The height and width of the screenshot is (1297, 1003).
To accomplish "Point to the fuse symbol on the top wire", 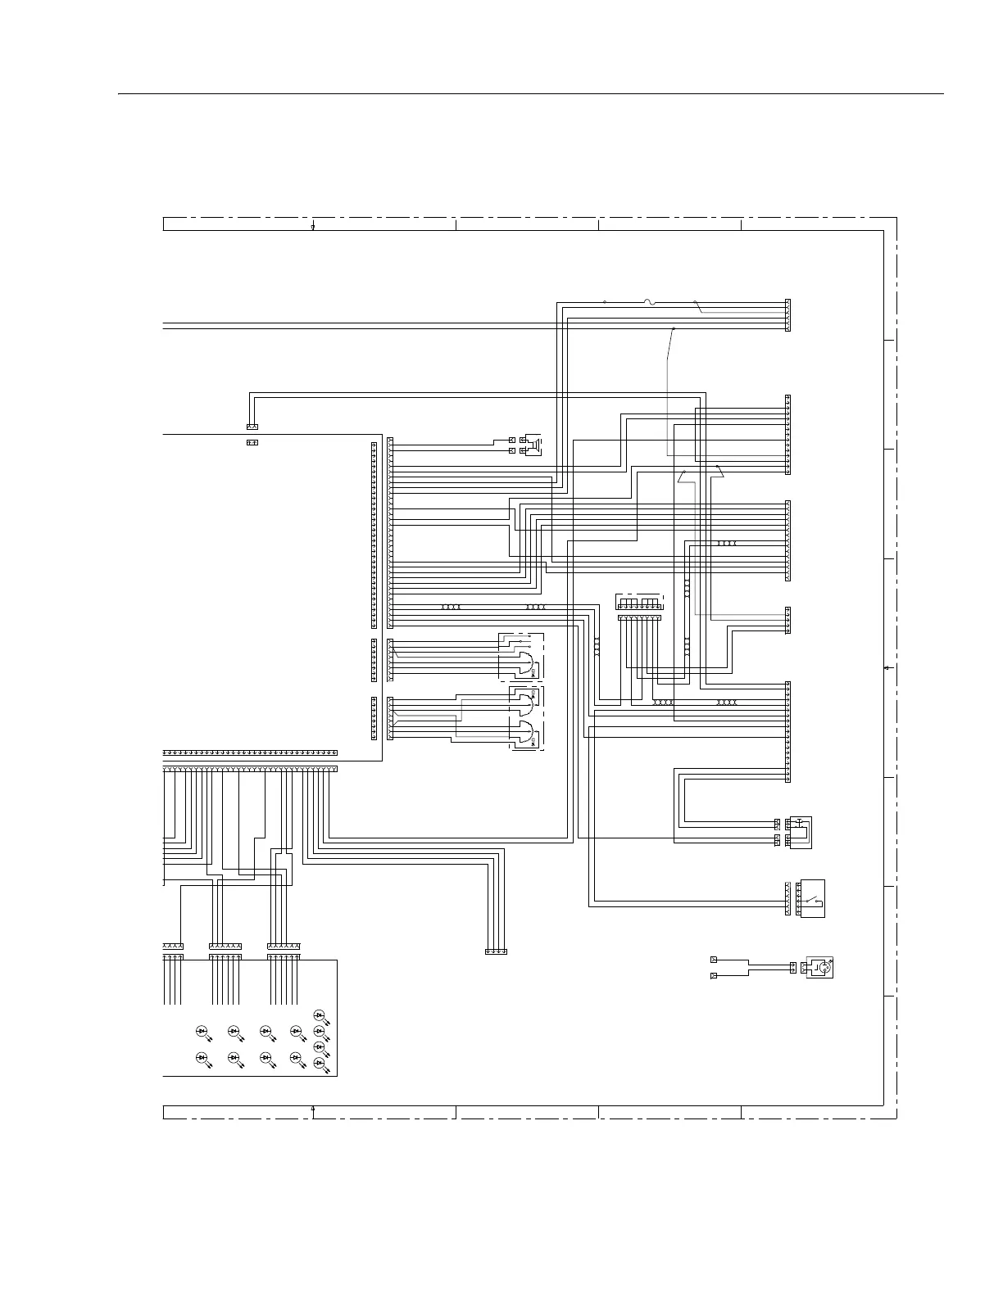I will (649, 302).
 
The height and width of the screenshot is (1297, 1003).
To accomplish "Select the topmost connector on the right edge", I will (787, 315).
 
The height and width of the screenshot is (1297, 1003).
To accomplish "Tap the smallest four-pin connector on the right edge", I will (787, 620).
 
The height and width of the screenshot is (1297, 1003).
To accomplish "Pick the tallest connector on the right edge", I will (787, 732).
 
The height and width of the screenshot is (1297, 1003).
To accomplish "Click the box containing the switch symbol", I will (812, 898).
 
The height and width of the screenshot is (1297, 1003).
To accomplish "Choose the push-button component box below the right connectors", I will (798, 832).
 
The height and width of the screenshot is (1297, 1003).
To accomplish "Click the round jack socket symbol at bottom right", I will (820, 968).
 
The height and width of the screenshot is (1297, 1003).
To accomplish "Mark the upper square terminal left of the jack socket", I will (713, 960).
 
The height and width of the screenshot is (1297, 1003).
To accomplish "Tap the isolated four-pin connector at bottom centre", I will (496, 951).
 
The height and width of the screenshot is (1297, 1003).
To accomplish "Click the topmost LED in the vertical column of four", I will (320, 1016).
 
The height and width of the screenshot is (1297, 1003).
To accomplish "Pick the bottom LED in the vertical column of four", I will (320, 1063).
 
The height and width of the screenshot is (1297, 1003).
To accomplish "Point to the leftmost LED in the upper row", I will (202, 1030).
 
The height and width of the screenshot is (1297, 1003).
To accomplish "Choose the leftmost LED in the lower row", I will (202, 1058).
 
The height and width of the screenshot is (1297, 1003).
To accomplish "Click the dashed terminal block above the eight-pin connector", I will (639, 602).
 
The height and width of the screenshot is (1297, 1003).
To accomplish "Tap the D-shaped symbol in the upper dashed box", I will (524, 661).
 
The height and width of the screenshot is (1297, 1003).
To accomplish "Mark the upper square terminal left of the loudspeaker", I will (512, 441).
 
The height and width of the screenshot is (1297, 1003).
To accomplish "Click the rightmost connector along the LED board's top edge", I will (284, 947).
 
